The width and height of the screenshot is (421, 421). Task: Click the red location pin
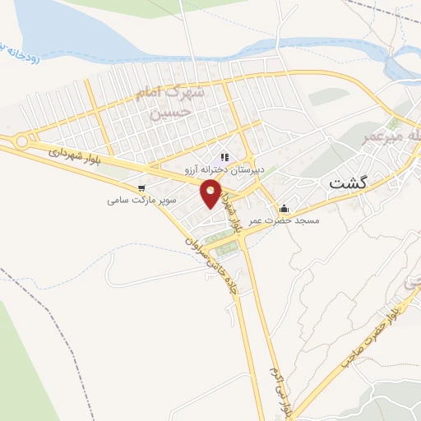(x=211, y=192)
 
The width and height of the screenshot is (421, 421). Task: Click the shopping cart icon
(x=142, y=187)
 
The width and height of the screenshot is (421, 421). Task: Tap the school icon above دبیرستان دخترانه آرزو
(x=224, y=157)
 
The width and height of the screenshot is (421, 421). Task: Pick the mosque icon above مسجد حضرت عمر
(x=285, y=207)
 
